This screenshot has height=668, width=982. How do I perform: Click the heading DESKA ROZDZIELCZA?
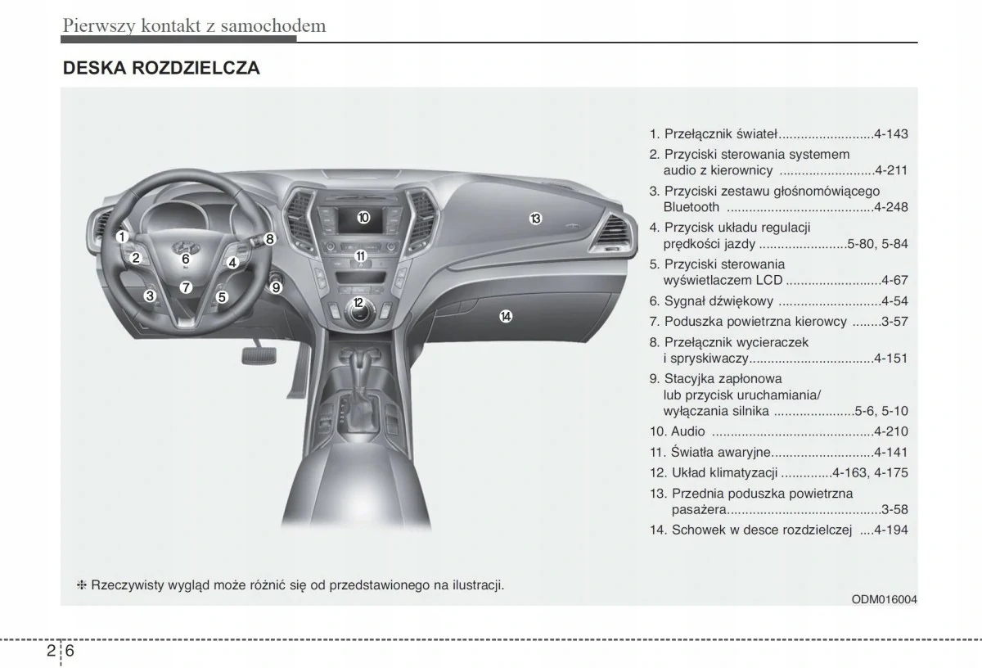tap(161, 68)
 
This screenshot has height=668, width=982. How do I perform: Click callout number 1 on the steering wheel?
tap(121, 237)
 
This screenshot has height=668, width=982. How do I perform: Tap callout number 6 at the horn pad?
tap(186, 259)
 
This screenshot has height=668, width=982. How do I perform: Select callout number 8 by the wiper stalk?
tap(270, 239)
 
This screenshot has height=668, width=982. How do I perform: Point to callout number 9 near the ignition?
tap(277, 287)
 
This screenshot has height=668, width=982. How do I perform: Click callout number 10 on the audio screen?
tap(363, 218)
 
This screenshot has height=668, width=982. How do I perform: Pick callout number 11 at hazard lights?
tap(360, 256)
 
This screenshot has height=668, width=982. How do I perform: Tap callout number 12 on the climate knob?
tap(358, 303)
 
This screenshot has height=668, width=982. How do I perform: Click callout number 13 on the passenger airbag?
tap(534, 219)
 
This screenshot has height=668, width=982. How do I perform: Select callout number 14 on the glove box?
tap(506, 316)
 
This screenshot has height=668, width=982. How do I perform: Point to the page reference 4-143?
tap(891, 134)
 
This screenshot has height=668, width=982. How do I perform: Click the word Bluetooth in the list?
tap(691, 207)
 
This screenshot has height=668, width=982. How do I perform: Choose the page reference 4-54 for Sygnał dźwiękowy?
tap(894, 301)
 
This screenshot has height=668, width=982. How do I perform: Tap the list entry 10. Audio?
tap(678, 431)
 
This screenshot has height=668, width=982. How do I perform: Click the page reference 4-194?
tap(891, 530)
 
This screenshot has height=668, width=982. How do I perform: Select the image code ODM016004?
tap(885, 598)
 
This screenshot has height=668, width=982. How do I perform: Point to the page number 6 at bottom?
tap(71, 652)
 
